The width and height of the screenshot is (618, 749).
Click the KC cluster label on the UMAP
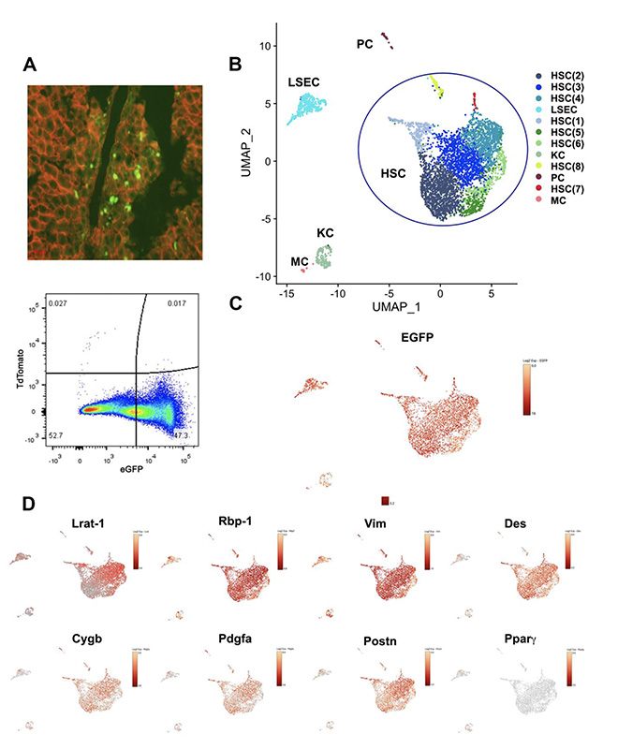(x=326, y=230)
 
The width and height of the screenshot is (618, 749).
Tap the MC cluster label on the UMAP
(x=300, y=263)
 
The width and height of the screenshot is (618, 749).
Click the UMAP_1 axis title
(x=385, y=306)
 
